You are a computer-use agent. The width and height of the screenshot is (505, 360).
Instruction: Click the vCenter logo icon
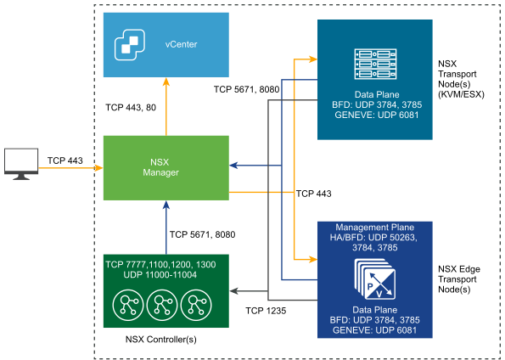tap(130, 44)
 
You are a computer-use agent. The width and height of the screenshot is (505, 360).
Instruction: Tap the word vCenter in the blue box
tap(181, 44)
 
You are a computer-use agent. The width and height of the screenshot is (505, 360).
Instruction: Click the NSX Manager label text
tap(160, 167)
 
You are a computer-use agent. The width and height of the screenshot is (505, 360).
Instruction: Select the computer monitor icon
tap(21, 164)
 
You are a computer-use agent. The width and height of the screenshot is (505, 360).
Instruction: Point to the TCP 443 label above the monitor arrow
tap(65, 160)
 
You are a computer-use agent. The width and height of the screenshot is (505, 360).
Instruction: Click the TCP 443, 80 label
tap(131, 107)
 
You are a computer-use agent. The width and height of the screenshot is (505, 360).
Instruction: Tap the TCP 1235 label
tap(266, 311)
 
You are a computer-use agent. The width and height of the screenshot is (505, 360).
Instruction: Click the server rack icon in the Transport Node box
tap(375, 64)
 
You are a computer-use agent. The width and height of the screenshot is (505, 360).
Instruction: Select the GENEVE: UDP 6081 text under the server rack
tap(377, 115)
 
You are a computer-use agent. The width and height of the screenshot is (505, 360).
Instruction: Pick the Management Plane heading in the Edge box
tap(374, 228)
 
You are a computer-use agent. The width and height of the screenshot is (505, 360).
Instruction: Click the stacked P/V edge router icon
tap(375, 279)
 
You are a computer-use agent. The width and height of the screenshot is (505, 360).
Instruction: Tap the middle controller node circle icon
tap(162, 305)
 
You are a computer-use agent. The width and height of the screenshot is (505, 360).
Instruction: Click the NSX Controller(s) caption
tap(160, 339)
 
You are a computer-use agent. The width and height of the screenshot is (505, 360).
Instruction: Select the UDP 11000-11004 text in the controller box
tap(160, 274)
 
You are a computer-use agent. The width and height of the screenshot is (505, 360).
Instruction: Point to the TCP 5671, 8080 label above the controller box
tap(202, 234)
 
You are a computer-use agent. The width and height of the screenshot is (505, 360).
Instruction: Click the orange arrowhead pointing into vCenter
tap(166, 82)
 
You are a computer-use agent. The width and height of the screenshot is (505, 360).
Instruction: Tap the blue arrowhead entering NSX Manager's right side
tap(233, 166)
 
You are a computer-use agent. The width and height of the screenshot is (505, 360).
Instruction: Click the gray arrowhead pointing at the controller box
tap(233, 291)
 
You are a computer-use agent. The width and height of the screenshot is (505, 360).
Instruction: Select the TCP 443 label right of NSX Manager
tap(314, 194)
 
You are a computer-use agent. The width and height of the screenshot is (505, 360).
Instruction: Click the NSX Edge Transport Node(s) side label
tap(459, 279)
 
